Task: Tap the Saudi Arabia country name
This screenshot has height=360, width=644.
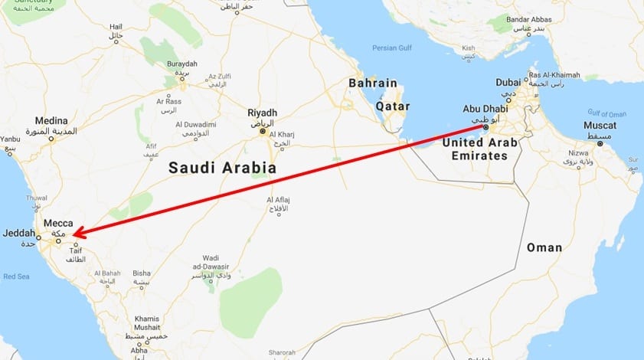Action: point(222,167)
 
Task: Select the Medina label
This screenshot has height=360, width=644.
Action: point(51,121)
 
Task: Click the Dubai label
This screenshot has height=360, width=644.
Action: point(508,82)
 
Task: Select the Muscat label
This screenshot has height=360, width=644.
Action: point(600,125)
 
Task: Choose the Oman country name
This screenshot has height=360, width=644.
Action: point(544,247)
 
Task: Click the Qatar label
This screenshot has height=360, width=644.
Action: point(392,106)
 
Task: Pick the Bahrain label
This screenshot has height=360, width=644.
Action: point(373,83)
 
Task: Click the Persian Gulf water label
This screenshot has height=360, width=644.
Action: point(391,47)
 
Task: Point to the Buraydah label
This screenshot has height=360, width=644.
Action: point(181,64)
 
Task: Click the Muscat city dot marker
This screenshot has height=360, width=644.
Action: point(600,143)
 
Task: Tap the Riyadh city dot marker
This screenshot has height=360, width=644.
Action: point(263,131)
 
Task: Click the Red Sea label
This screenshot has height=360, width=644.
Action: point(15,277)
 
